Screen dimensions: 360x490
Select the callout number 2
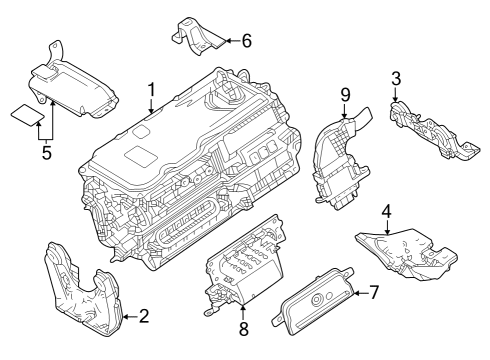pos(143,317)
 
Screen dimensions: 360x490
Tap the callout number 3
pos(396,77)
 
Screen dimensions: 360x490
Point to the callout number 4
pos(386,213)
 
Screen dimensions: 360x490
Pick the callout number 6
pos(246,40)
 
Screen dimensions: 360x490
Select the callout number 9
pos(344,95)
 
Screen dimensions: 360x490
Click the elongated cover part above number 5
pos(75,84)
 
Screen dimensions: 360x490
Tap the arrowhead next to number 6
pos(227,41)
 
